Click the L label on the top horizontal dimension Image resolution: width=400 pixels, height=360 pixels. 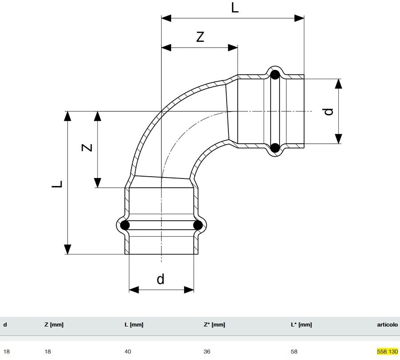click(235, 8)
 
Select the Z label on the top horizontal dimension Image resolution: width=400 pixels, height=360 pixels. click(200, 37)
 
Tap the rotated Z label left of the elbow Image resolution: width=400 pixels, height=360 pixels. click(88, 147)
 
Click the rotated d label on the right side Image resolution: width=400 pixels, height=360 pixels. click(328, 111)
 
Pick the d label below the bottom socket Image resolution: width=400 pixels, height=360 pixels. click(160, 279)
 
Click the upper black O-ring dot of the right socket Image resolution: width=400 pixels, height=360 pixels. click(275, 74)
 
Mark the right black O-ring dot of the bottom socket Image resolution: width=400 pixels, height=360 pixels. click(198, 225)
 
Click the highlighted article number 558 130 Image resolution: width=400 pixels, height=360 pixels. click(387, 352)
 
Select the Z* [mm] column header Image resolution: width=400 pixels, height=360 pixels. click(214, 325)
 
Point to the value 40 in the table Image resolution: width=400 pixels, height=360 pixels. click(128, 352)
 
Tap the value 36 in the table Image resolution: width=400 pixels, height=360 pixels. click(207, 352)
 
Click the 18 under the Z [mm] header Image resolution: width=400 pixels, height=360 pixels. click(48, 352)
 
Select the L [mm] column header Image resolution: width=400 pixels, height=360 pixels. click(134, 325)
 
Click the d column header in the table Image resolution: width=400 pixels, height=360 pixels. click(5, 325)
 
